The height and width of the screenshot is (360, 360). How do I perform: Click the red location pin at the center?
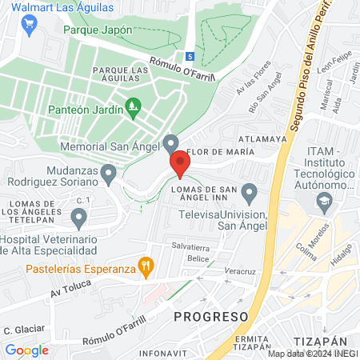click(179, 164)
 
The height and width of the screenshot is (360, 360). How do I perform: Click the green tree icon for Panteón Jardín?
click(134, 105)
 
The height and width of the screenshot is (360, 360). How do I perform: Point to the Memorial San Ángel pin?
click(170, 143)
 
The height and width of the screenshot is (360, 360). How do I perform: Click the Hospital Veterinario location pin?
click(78, 217)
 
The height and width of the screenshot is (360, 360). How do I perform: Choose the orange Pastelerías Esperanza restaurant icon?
click(145, 266)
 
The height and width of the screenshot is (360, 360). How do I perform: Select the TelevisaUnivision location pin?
click(249, 193)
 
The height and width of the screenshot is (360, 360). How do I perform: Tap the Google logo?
click(26, 350)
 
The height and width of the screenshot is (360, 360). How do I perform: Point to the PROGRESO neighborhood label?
click(211, 316)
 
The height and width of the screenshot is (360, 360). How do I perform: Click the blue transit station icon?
click(190, 56)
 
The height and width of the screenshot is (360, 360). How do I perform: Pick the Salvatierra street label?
click(189, 248)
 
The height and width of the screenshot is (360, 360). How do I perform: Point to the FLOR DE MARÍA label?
click(220, 151)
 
